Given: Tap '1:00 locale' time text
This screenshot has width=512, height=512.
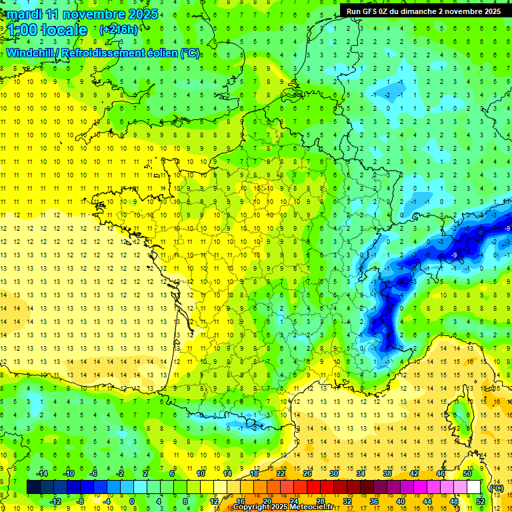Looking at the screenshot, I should point(48,30).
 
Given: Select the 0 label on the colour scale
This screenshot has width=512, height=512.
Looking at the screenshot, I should point(131,501).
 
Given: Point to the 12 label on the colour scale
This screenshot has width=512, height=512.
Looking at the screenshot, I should point(213,501).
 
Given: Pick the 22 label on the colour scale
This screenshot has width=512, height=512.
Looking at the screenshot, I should point(281,473).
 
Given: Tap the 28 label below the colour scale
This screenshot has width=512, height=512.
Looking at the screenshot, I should point(321,501).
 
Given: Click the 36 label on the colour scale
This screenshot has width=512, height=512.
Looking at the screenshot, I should point(374,501).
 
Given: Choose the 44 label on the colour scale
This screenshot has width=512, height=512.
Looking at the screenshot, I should point(427,501).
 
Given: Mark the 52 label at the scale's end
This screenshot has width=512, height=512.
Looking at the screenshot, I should point(481,501).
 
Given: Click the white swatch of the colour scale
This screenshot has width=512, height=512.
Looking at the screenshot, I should point(474,487).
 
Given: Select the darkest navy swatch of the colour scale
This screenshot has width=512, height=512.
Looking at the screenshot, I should point(33,487).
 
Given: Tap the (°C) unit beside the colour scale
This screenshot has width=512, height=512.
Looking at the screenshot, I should point(496,487).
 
